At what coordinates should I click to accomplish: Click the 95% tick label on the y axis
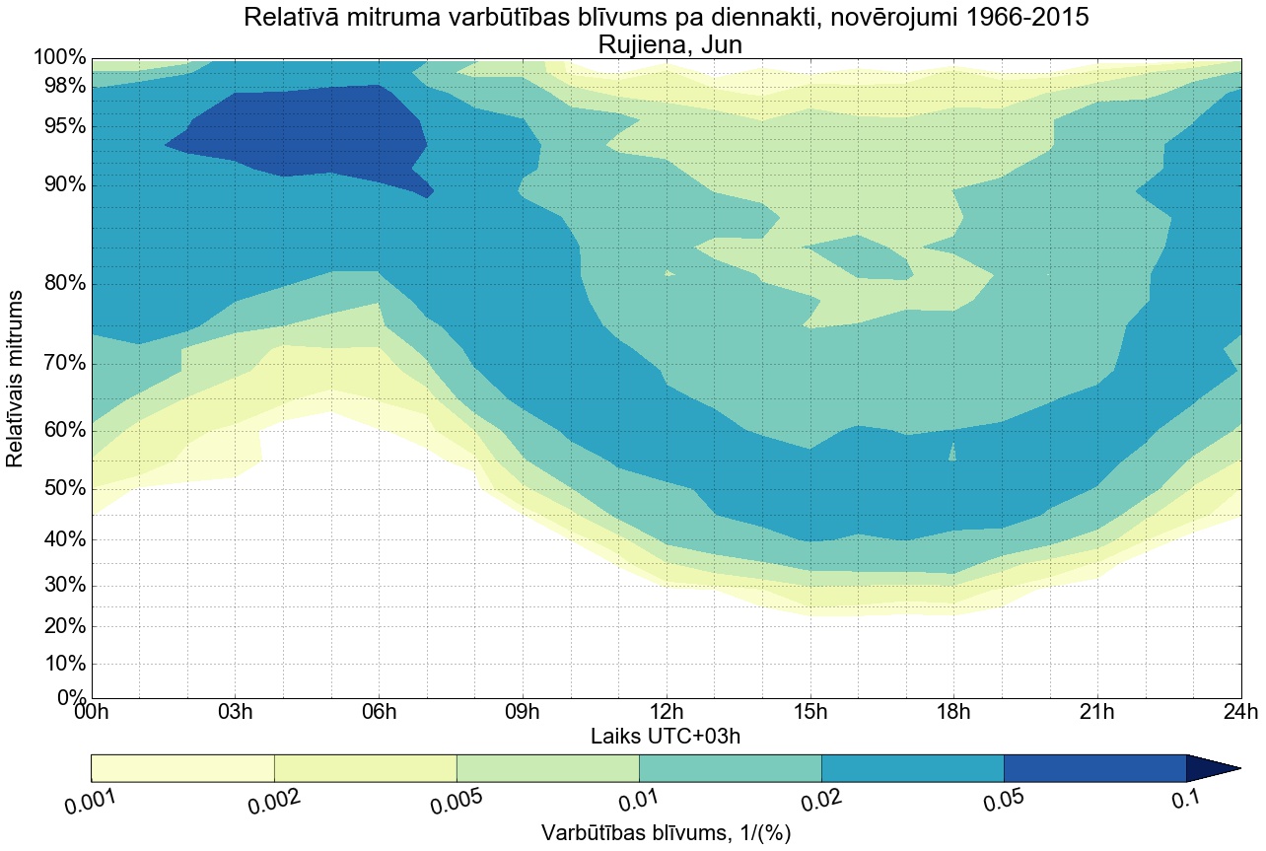point(60,126)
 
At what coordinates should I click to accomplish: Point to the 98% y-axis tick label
point(60,86)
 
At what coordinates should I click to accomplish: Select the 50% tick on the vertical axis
point(60,489)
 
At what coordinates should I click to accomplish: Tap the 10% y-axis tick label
point(60,664)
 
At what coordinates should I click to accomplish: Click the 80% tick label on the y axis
point(60,284)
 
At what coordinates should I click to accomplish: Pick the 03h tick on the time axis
point(235,713)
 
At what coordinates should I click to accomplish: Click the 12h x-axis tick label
point(667,713)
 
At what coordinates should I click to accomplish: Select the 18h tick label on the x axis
point(953,713)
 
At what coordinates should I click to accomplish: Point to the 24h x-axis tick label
point(1239,713)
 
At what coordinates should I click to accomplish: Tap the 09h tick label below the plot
point(523,713)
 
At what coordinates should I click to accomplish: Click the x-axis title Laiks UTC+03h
point(667,736)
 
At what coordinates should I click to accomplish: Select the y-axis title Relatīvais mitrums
point(17,379)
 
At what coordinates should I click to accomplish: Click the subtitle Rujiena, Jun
point(667,44)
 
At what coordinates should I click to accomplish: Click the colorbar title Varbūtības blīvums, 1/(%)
point(667,832)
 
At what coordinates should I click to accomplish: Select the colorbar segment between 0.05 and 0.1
point(1094,767)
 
